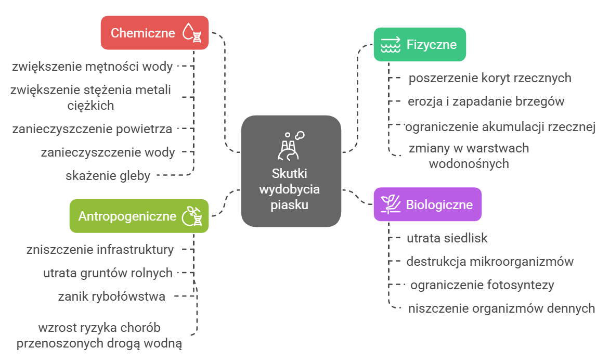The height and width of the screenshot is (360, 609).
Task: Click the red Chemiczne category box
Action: pyautogui.click(x=154, y=33)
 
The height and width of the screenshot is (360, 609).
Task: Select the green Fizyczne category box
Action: pyautogui.click(x=420, y=44)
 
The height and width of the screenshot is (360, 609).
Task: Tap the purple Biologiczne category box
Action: pyautogui.click(x=427, y=204)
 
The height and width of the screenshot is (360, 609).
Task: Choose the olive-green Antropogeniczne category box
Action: pyautogui.click(x=139, y=216)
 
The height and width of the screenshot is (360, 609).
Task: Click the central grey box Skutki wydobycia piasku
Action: pyautogui.click(x=291, y=172)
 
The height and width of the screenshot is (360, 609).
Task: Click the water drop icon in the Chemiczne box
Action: pyautogui.click(x=191, y=33)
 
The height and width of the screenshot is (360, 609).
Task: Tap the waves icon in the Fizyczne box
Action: pyautogui.click(x=391, y=45)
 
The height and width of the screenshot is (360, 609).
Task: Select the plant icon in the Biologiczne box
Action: pyautogui.click(x=390, y=204)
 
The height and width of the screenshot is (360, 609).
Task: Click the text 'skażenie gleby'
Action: pyautogui.click(x=108, y=176)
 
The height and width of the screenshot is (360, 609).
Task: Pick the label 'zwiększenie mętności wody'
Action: pyautogui.click(x=92, y=67)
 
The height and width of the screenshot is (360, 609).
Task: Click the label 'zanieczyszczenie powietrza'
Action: pyautogui.click(x=92, y=128)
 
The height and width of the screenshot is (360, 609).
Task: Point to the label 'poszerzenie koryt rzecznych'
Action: pyautogui.click(x=489, y=78)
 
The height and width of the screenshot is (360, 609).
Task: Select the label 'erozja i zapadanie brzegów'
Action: pyautogui.click(x=485, y=101)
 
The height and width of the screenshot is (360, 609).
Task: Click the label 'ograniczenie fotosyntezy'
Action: pyautogui.click(x=482, y=285)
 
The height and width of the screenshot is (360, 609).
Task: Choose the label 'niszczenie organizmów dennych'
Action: pyautogui.click(x=501, y=308)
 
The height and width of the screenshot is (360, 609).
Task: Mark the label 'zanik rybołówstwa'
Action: pyautogui.click(x=112, y=297)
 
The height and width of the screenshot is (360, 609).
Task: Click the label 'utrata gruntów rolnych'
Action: pyautogui.click(x=108, y=273)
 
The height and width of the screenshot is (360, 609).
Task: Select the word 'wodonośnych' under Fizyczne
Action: pyautogui.click(x=468, y=164)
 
